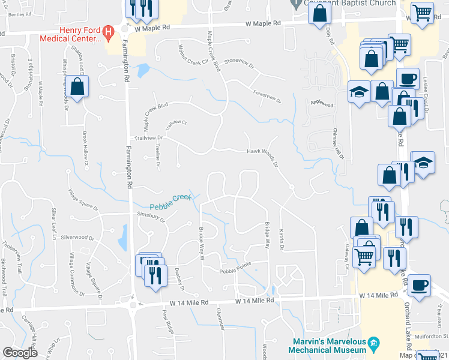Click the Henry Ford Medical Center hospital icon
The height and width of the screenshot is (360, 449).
click(x=109, y=31)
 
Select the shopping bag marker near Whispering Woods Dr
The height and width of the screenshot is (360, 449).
click(x=78, y=86)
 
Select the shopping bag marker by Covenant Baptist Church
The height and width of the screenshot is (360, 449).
click(x=320, y=13)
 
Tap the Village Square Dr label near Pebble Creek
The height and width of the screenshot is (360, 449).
click(x=82, y=200)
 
